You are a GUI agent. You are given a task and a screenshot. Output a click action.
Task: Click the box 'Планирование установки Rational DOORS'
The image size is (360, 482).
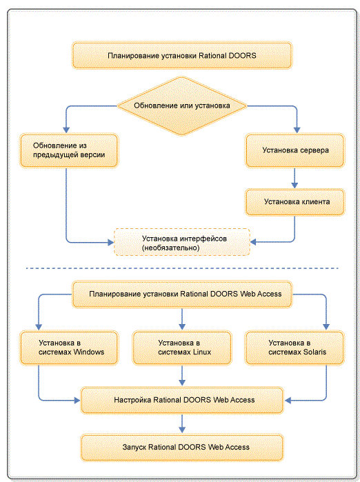[182, 55]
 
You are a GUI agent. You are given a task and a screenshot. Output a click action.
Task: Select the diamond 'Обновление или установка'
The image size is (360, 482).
[182, 106]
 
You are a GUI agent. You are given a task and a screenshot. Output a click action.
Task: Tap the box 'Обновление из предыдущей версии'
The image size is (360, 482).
[69, 150]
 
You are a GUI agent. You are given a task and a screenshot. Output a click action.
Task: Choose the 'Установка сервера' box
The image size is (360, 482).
[294, 150]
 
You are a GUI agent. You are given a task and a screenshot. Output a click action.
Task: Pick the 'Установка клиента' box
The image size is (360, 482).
[294, 202]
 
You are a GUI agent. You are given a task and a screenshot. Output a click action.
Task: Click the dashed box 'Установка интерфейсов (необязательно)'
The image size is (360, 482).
[182, 242]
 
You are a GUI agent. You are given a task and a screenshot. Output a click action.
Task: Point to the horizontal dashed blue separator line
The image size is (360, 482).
[182, 268]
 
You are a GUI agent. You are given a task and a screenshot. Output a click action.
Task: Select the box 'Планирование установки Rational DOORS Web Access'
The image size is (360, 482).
[182, 294]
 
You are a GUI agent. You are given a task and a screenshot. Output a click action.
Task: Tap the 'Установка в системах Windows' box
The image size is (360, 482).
[69, 348]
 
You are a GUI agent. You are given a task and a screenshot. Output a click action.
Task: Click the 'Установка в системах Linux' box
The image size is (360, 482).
[182, 348]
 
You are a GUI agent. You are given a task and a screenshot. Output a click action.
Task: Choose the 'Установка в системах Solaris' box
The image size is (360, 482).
[294, 348]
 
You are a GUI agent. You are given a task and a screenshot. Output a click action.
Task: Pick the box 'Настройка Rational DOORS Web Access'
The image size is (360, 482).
[182, 400]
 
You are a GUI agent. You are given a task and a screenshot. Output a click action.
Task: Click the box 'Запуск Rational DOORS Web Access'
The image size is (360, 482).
[182, 448]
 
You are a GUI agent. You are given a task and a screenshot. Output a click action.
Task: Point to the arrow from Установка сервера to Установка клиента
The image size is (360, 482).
[294, 179]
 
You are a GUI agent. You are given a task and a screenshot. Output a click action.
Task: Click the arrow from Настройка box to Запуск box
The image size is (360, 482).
[182, 423]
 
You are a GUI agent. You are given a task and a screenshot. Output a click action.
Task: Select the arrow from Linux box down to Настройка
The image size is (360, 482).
[182, 376]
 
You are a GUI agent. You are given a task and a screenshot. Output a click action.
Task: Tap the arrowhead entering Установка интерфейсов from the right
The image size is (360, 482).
[253, 242]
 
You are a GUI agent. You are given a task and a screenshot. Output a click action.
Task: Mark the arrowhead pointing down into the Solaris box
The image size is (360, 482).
[326, 327]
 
